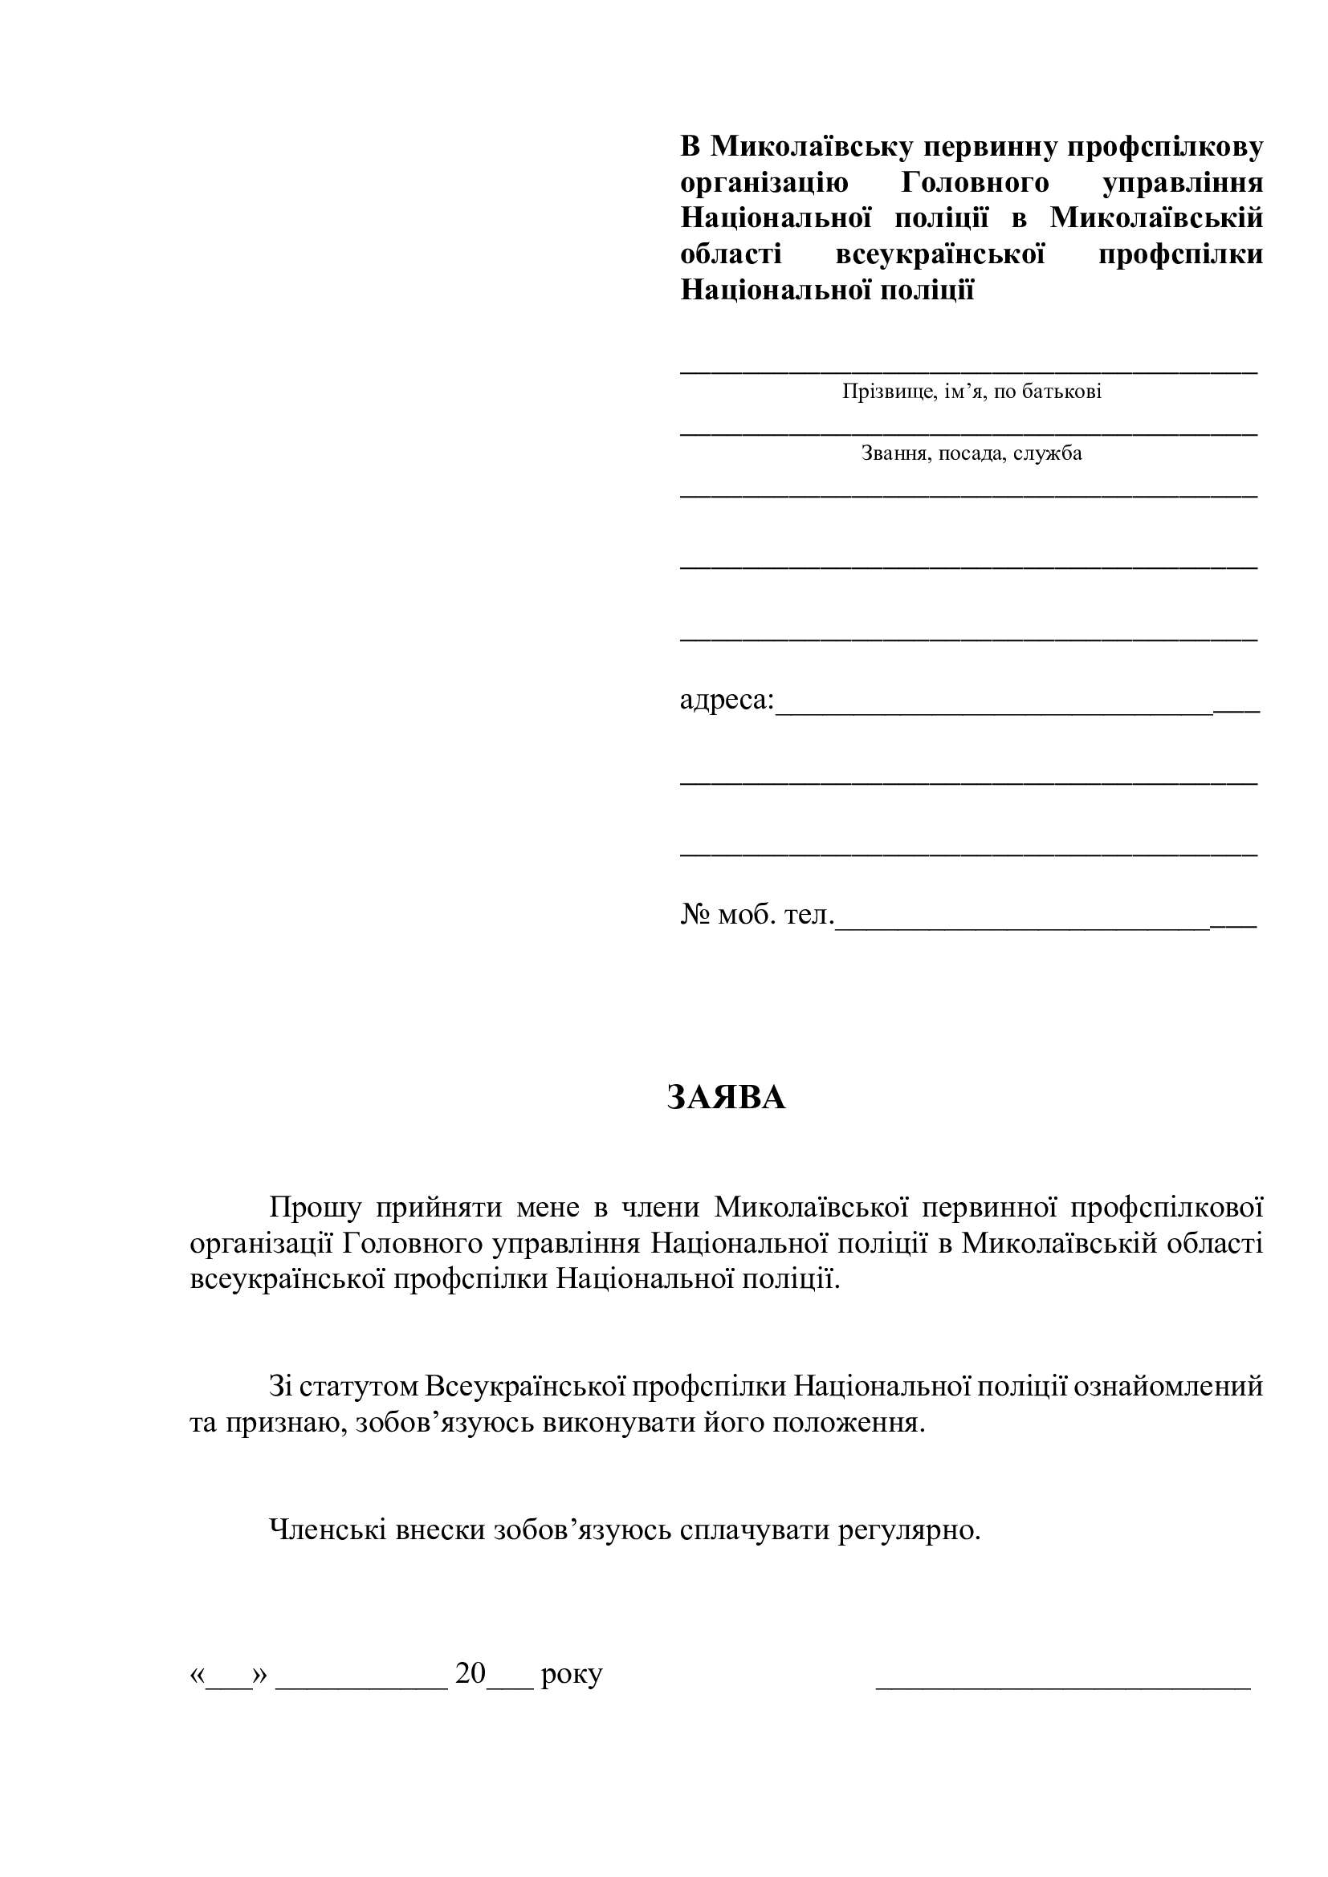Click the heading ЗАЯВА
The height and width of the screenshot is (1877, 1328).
726,1098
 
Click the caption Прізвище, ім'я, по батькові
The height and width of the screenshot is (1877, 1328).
972,392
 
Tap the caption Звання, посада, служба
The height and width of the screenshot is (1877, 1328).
972,453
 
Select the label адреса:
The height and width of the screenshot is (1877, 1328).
727,700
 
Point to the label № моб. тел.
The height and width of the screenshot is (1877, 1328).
756,915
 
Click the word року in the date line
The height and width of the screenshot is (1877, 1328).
572,1675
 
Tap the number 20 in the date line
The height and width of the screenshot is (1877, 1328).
471,1674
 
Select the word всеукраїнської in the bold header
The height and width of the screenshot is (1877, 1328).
940,254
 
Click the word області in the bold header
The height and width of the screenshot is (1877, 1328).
731,254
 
